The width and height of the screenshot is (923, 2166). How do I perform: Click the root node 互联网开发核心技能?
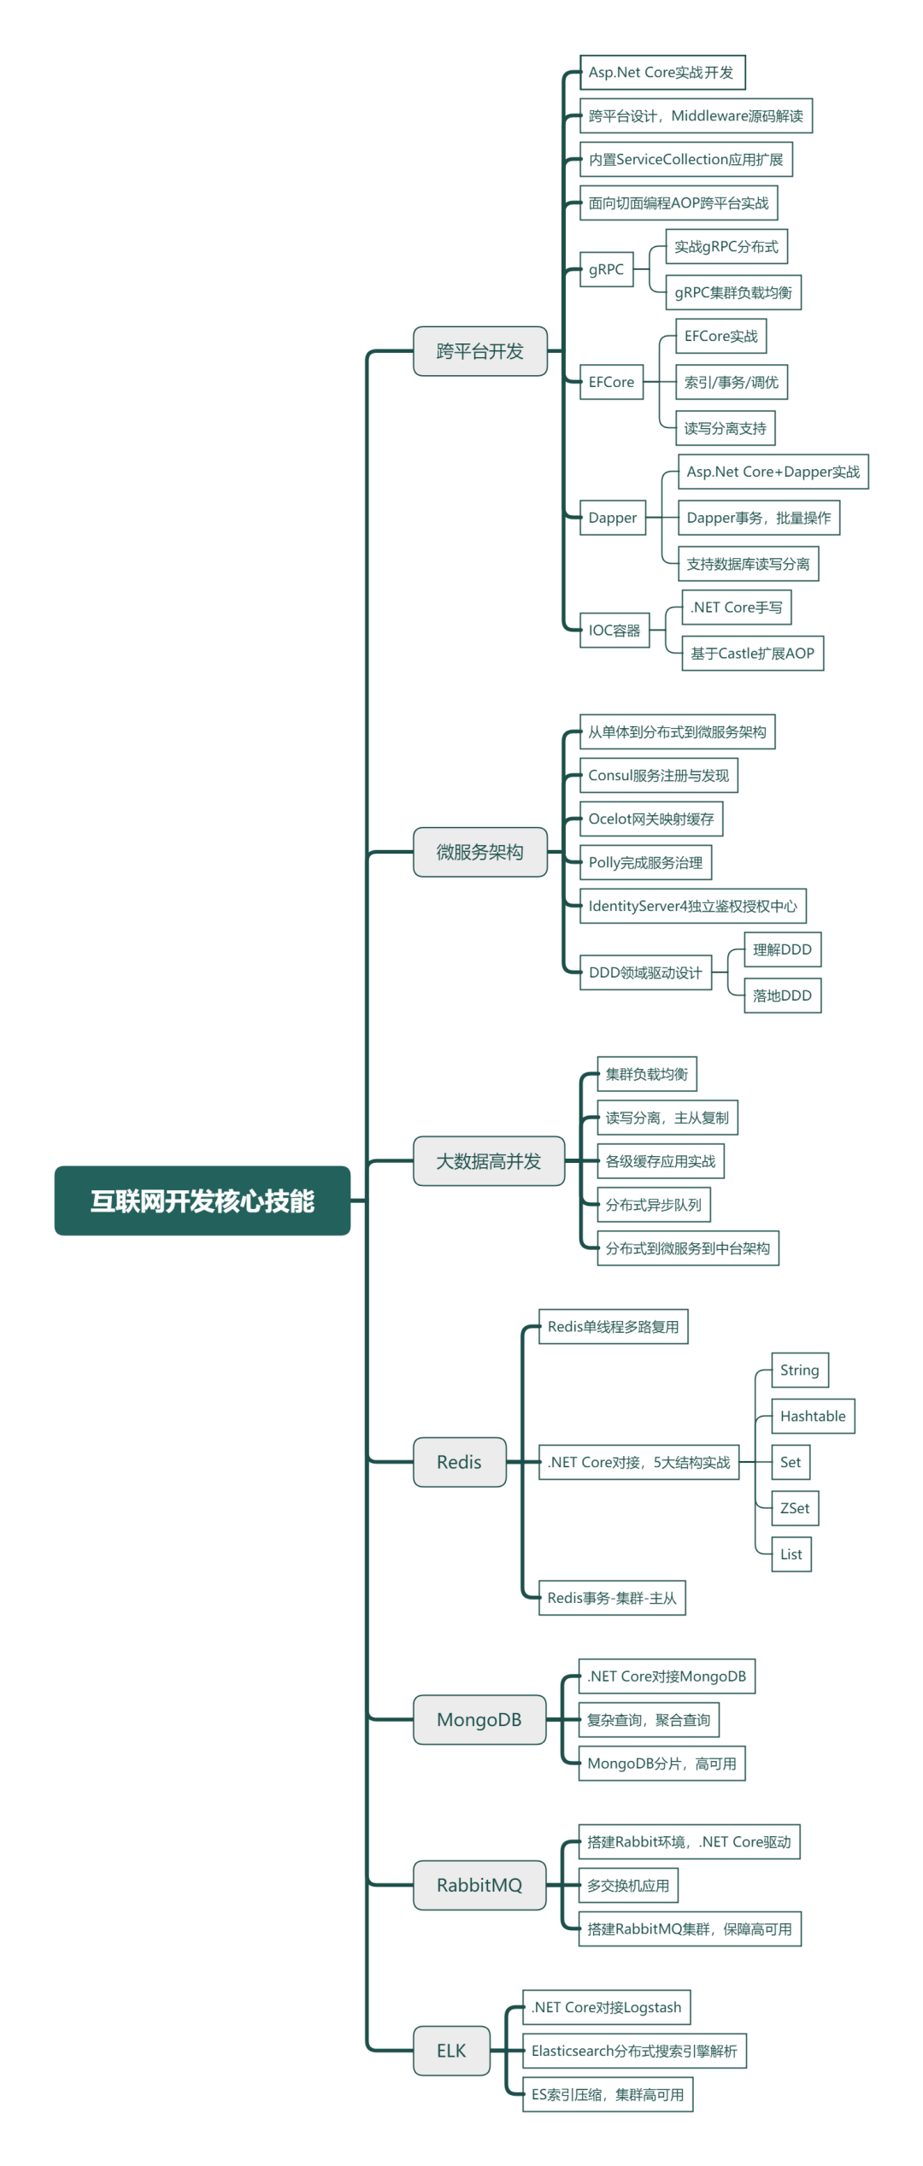coord(203,1200)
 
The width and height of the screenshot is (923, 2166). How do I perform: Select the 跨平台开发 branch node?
coord(480,351)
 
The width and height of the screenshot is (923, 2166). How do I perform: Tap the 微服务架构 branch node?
coord(480,852)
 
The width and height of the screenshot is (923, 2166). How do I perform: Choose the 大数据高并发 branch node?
coord(489,1161)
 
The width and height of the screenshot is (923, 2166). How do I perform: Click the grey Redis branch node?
coord(460,1462)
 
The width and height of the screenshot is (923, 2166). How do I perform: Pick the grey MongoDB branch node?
coord(479,1720)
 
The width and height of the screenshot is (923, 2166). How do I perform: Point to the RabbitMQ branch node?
coord(479,1885)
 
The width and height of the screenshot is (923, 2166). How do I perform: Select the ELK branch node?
coord(452,2051)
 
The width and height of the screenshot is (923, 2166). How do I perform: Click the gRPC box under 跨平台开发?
coord(607,269)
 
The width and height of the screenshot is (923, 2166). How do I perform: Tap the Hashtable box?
coord(813,1416)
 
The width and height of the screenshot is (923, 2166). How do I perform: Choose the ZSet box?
coord(795,1508)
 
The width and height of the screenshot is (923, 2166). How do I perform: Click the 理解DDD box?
coord(783,949)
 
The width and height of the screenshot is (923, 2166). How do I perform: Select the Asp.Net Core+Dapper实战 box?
coord(773,472)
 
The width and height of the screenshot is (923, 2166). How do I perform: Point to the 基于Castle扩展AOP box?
coord(753,654)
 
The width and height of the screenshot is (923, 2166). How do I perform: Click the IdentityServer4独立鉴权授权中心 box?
coord(693,906)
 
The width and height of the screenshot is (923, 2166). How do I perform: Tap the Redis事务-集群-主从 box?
coord(612,1598)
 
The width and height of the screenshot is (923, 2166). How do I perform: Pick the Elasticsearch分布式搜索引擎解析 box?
coord(634,2051)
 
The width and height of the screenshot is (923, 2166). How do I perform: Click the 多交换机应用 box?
coord(628,1885)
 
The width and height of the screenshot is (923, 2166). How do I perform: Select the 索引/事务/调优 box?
coord(732,382)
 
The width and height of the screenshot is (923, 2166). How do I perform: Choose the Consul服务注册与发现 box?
coord(659,776)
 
